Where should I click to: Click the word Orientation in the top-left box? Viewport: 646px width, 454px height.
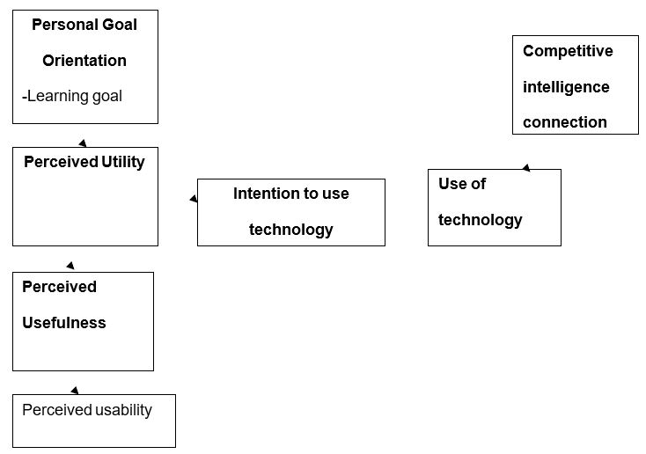[x=84, y=61]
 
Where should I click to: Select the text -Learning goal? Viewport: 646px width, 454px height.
[x=72, y=96]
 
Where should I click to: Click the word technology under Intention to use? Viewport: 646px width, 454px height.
[x=290, y=230]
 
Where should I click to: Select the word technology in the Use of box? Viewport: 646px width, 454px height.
[x=480, y=220]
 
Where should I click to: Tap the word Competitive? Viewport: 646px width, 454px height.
[x=568, y=51]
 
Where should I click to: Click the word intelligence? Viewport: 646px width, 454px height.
[x=566, y=87]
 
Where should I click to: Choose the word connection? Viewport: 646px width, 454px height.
[x=565, y=122]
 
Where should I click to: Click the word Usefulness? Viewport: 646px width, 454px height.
[x=63, y=323]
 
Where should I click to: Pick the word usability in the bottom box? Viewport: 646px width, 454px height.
[x=122, y=410]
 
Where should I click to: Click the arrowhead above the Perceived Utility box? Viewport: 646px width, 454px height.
[x=83, y=143]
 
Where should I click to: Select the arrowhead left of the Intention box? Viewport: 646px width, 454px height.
[x=194, y=200]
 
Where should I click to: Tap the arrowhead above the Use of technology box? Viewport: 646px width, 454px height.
[x=526, y=167]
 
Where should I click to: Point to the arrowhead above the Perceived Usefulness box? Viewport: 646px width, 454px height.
[x=70, y=265]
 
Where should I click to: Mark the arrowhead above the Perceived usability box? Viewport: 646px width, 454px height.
[x=75, y=390]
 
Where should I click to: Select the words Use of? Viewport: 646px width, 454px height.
[x=462, y=184]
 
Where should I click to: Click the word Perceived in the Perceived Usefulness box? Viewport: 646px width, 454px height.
[x=59, y=287]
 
